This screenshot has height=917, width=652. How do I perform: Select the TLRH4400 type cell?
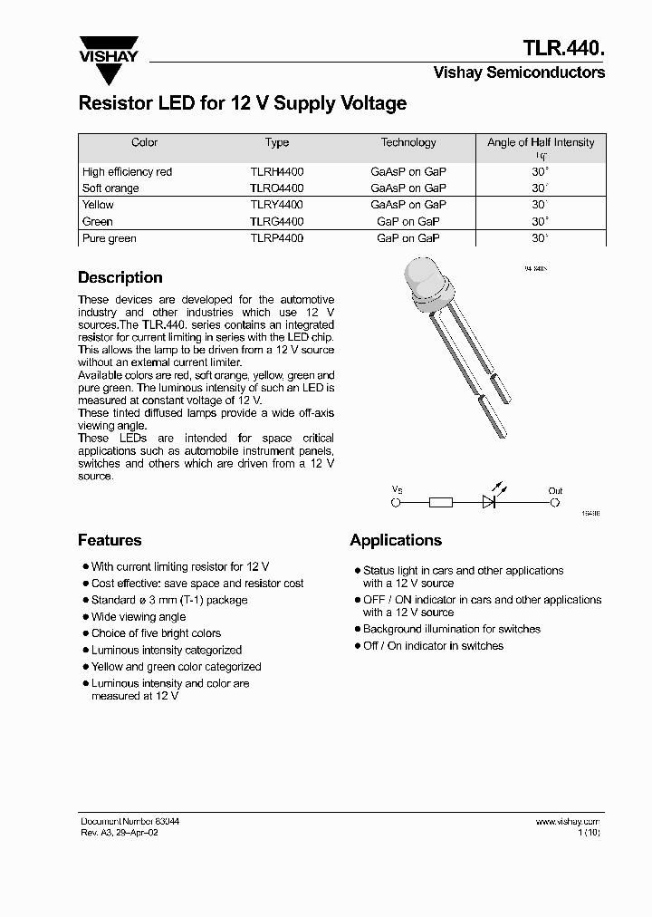[x=277, y=171]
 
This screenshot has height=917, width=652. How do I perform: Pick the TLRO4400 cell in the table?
[x=277, y=188]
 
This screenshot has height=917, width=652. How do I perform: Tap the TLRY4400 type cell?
[x=277, y=205]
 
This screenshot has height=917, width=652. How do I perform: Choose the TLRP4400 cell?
[x=277, y=238]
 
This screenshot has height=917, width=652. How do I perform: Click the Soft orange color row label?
[x=110, y=188]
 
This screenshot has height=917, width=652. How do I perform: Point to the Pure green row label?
[x=109, y=238]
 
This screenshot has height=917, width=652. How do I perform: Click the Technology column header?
[x=408, y=142]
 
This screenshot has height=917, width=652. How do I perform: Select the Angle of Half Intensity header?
[x=541, y=143]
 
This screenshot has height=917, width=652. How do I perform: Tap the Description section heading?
[x=120, y=278]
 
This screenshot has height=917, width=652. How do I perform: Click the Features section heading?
[x=110, y=540]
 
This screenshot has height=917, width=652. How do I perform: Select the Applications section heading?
[x=396, y=540]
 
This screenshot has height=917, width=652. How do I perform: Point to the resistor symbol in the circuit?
[x=440, y=501]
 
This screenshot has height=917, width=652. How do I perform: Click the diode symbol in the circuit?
[x=490, y=501]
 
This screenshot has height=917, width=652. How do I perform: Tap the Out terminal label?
[x=555, y=491]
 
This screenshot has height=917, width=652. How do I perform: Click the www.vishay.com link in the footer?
[x=568, y=821]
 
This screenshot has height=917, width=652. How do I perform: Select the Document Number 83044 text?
[x=129, y=821]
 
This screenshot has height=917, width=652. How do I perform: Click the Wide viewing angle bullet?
[x=139, y=617]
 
